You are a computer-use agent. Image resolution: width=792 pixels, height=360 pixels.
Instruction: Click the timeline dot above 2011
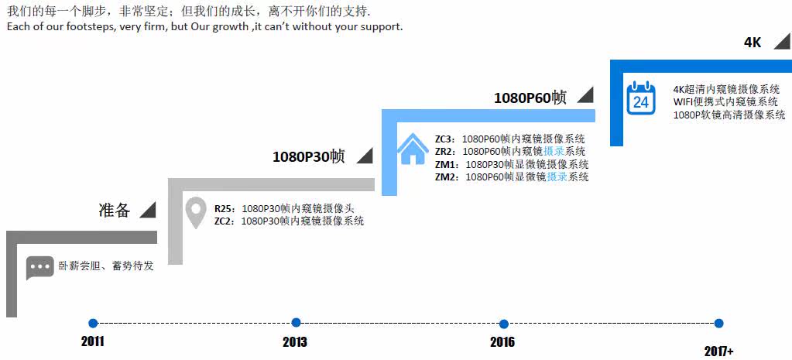point(93,323)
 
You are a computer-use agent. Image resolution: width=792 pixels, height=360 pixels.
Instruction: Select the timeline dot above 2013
point(296,323)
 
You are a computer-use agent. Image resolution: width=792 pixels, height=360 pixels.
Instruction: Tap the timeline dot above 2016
point(504,323)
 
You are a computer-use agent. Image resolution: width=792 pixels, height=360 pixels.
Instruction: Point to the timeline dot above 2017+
point(718,323)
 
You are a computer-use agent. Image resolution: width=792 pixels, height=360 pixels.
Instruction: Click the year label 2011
point(92,341)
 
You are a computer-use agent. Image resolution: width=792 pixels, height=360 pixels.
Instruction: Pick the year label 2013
point(295,341)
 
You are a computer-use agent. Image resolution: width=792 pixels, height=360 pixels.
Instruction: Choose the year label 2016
point(502,341)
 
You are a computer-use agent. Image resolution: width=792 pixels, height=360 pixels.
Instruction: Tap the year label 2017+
point(718,351)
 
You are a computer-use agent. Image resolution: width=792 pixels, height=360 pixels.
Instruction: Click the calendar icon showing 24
point(641,98)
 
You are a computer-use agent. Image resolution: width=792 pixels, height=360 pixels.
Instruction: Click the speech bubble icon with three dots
point(40,267)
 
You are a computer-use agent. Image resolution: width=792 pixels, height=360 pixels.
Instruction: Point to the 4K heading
point(753,43)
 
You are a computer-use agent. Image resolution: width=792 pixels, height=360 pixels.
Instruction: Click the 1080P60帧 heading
point(530,98)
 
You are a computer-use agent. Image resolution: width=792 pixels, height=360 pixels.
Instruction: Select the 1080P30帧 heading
point(308,156)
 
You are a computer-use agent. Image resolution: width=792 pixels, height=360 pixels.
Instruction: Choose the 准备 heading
point(115,210)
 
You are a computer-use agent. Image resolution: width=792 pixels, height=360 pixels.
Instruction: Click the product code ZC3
point(445,139)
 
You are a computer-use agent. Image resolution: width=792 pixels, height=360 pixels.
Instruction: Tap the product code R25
point(225,208)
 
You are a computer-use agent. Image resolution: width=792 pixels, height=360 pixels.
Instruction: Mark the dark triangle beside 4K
point(780,43)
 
